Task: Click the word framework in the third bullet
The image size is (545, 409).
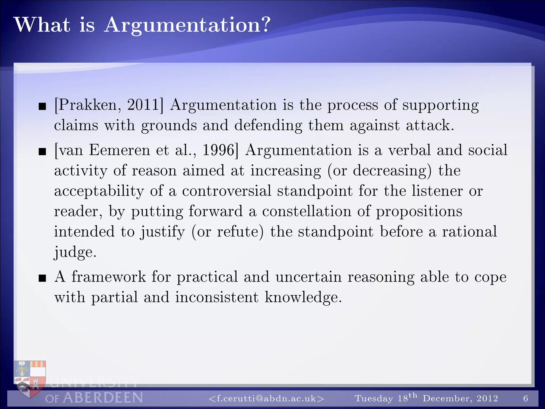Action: click(x=109, y=277)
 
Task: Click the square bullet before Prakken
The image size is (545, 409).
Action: click(x=42, y=107)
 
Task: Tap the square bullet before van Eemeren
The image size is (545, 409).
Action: click(x=42, y=152)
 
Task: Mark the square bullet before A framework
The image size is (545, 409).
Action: click(x=42, y=279)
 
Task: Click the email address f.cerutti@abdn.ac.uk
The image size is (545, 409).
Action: click(x=266, y=398)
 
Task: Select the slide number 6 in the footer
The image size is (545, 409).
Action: click(x=526, y=398)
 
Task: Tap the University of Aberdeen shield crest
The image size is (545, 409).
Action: click(x=30, y=378)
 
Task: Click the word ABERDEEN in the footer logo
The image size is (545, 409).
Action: click(x=103, y=398)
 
